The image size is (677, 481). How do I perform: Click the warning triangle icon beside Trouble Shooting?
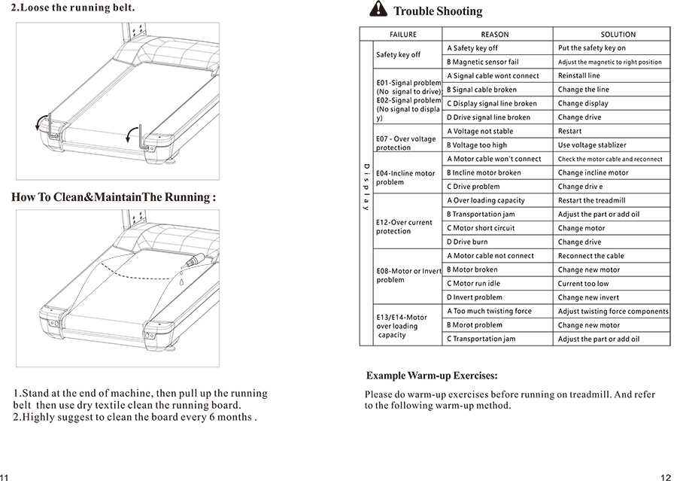(x=378, y=10)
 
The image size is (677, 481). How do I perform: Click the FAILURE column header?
(x=402, y=35)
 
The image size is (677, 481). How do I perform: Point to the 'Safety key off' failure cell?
(x=399, y=55)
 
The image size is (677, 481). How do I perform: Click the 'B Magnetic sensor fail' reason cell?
(x=482, y=62)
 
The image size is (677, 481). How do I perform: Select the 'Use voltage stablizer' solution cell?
(x=592, y=145)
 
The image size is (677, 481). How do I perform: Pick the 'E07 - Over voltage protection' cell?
(x=405, y=143)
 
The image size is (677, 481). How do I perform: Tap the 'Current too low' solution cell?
(x=584, y=284)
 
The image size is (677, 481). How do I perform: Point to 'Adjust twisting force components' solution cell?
(x=613, y=312)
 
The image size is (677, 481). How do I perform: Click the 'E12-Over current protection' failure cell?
(x=404, y=227)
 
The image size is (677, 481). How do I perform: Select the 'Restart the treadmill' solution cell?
(x=591, y=201)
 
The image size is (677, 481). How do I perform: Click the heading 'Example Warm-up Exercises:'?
(x=432, y=376)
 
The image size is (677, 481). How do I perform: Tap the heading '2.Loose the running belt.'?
(x=73, y=8)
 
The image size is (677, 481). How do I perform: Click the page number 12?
(x=665, y=476)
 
